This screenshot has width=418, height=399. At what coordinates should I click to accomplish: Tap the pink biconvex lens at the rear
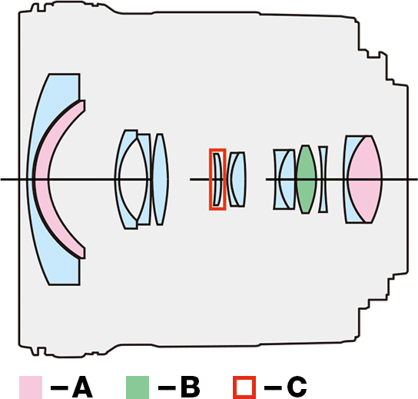tap(365, 179)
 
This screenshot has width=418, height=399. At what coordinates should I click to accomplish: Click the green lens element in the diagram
tap(306, 179)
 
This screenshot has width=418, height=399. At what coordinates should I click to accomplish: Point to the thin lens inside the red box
tap(219, 179)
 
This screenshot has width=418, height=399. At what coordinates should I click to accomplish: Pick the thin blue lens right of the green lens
tap(323, 179)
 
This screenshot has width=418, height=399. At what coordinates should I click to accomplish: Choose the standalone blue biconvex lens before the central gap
tap(160, 179)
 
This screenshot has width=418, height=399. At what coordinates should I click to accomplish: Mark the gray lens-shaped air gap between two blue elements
tap(133, 179)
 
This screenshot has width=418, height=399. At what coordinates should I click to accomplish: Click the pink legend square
tap(31, 387)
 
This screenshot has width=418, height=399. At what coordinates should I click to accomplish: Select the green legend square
tap(138, 387)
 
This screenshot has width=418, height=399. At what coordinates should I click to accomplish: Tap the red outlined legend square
tap(244, 387)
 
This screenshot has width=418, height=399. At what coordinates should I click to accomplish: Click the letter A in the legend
tap(82, 387)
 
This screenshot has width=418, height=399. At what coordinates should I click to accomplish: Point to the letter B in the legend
tap(190, 387)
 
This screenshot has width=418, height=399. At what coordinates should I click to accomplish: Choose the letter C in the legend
tap(297, 387)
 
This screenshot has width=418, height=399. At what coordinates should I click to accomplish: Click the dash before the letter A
tap(59, 387)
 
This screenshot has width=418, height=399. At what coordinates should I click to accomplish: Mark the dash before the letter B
tap(167, 387)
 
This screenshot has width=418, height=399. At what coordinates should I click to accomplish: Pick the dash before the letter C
tap(273, 387)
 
